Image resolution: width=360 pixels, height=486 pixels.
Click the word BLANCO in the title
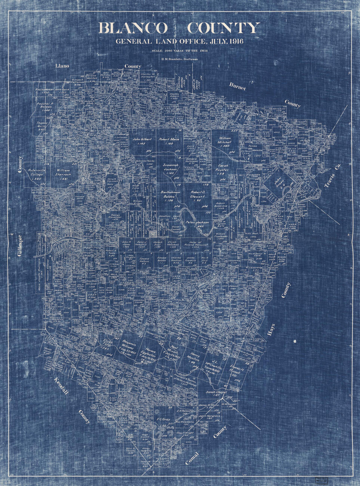coord(133,28)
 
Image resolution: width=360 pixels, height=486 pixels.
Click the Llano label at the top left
coord(62,66)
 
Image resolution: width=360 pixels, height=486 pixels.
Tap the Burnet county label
coord(237,86)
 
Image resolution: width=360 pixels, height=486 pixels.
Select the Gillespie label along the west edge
coord(20,245)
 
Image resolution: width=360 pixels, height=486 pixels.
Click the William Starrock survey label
coord(63,173)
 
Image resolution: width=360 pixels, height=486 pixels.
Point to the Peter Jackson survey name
coord(197,222)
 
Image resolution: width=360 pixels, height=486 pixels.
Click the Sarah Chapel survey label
coord(214,392)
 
